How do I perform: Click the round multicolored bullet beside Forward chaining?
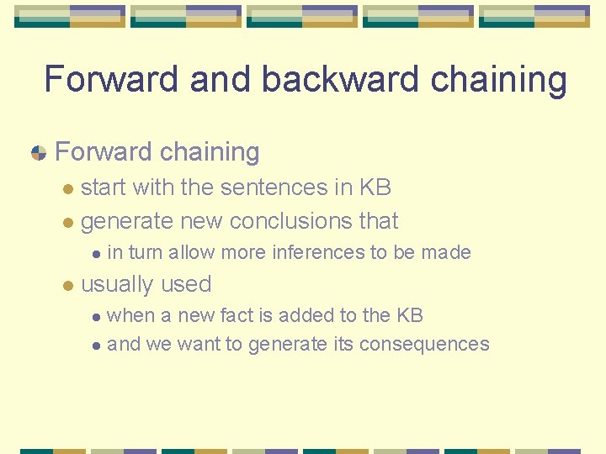38,153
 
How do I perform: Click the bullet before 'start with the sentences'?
70,188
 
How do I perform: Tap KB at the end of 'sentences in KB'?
375,187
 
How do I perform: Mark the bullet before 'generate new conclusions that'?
70,223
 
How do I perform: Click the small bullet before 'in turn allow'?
97,253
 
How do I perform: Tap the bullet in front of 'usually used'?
70,286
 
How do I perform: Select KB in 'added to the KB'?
409,315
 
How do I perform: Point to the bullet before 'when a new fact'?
97,317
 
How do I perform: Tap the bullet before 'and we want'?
97,346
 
